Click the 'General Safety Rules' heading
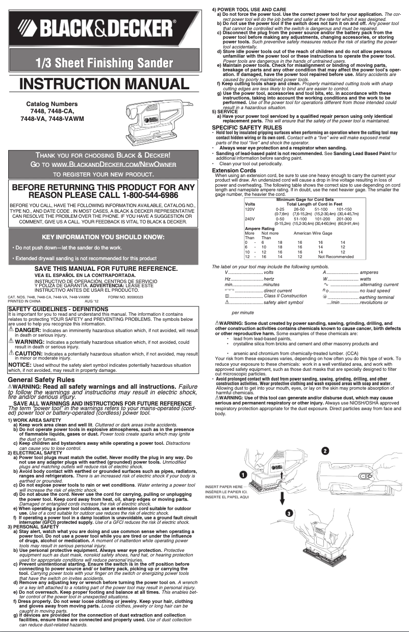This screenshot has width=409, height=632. click(41, 380)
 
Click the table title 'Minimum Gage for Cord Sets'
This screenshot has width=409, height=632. click(305, 199)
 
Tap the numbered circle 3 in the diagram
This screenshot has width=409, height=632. click(289, 513)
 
